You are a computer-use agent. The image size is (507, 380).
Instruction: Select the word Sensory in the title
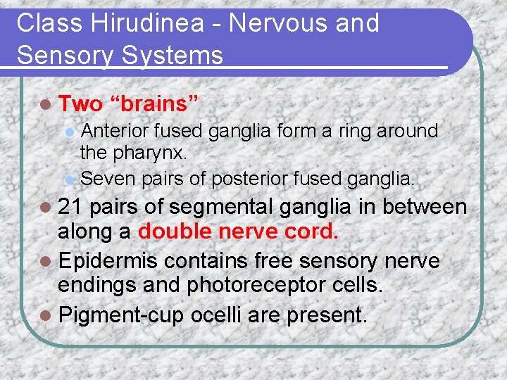63,54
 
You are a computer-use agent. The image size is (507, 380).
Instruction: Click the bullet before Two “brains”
46,105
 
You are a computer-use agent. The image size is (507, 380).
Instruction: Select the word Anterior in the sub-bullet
115,131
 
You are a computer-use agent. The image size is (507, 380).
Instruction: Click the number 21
70,207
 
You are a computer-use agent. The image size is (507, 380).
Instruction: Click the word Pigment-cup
124,313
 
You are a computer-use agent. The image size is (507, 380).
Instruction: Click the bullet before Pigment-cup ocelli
46,314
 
